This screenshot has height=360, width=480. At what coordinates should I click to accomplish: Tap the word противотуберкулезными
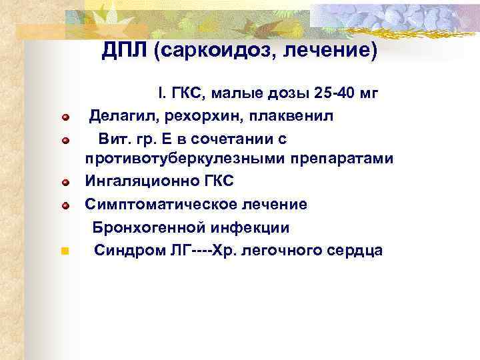point(181,159)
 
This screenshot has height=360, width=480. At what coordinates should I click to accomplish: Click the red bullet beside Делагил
point(65,118)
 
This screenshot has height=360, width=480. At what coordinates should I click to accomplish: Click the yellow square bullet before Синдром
point(65,252)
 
